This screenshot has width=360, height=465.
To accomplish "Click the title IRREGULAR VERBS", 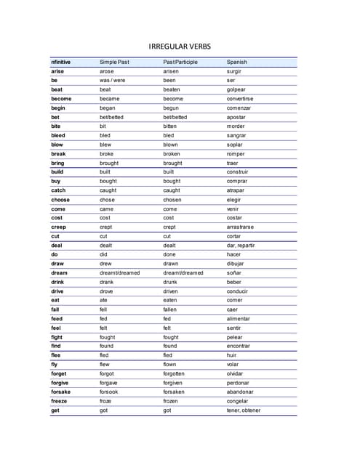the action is pos(180,46).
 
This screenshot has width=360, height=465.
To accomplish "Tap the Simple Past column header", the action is pos(114,62).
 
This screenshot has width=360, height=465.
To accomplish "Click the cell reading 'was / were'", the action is pos(113,80).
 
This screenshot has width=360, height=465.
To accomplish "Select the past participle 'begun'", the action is pos(170,108).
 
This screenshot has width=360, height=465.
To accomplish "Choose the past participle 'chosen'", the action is pos(172,200).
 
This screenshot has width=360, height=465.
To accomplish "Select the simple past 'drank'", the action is pos(107,282).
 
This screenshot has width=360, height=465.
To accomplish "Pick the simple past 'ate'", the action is pos(103,300).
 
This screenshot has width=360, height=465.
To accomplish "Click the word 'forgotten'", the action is pos(175,373).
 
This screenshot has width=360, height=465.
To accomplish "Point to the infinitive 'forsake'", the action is pos(60,392).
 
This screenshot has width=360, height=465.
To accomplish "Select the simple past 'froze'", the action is pos(106,401).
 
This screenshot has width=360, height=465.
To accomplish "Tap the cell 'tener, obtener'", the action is pos(243,411).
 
